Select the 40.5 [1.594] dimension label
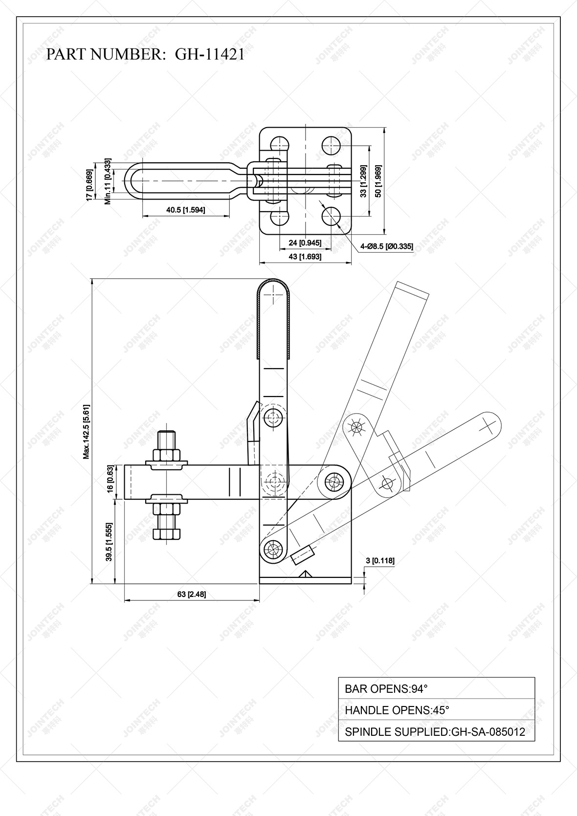coord(185,210)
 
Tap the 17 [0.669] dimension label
coord(89,185)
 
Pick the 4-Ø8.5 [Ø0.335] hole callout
coord(386,246)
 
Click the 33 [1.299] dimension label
coord(363,181)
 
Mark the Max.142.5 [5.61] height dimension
coord(86,431)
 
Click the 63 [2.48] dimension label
coord(191,594)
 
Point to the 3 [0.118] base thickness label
coord(380,561)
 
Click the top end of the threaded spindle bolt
coord(167,433)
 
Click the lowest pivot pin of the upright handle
coord(272,548)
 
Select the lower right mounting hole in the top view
coord(332,216)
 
